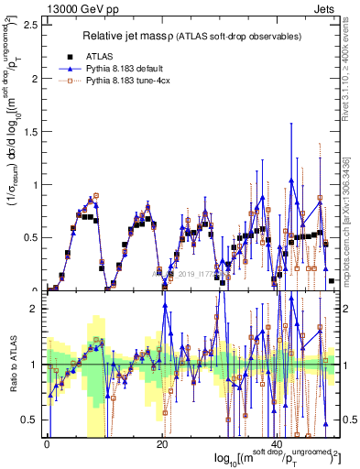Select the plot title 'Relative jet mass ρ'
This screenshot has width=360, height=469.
pos(146,36)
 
